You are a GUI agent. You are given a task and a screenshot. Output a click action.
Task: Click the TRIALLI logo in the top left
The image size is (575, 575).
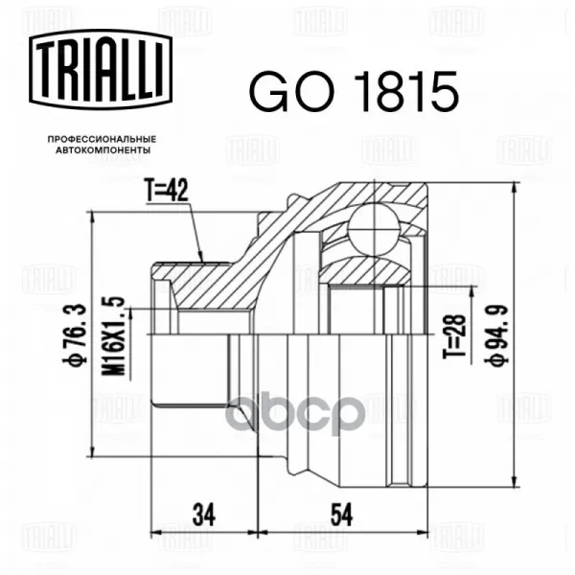coord(101,70)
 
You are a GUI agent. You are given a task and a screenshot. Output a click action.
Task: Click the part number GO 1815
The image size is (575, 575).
coord(354,91)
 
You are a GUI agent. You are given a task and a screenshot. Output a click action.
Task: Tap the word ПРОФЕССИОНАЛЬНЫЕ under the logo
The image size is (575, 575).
coord(102,139)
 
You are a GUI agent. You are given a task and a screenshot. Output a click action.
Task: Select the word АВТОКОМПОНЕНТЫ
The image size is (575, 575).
coord(103,150)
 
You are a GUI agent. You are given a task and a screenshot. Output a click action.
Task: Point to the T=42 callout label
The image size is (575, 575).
coord(167,191)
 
